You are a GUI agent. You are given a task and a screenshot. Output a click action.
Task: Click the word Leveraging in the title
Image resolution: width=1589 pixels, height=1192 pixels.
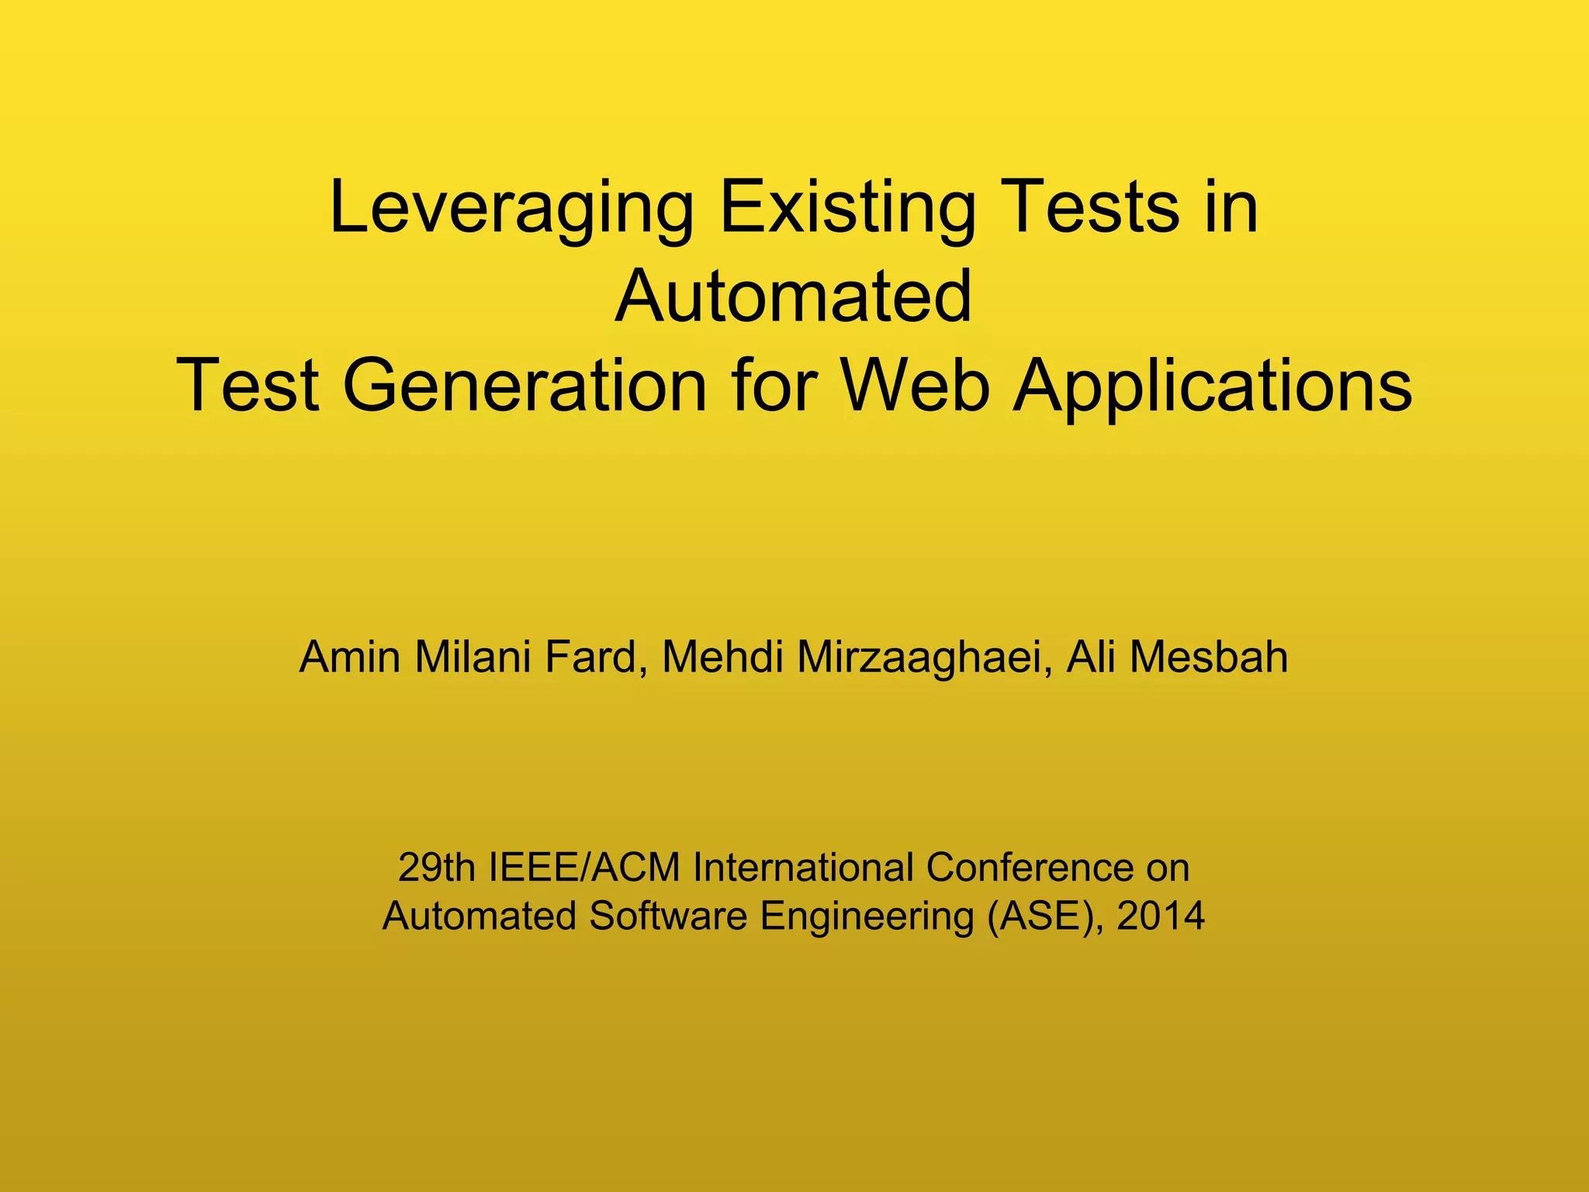pyautogui.click(x=511, y=208)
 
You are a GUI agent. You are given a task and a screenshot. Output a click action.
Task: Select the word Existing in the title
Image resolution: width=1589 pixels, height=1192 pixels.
pyautogui.click(x=847, y=208)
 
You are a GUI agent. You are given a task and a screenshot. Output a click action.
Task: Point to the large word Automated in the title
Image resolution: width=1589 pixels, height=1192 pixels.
pyautogui.click(x=793, y=296)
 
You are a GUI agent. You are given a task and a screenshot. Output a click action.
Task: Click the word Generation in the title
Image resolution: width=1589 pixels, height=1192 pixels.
pyautogui.click(x=524, y=386)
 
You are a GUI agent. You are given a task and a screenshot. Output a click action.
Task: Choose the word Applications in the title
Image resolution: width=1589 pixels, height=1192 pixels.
pyautogui.click(x=1213, y=386)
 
